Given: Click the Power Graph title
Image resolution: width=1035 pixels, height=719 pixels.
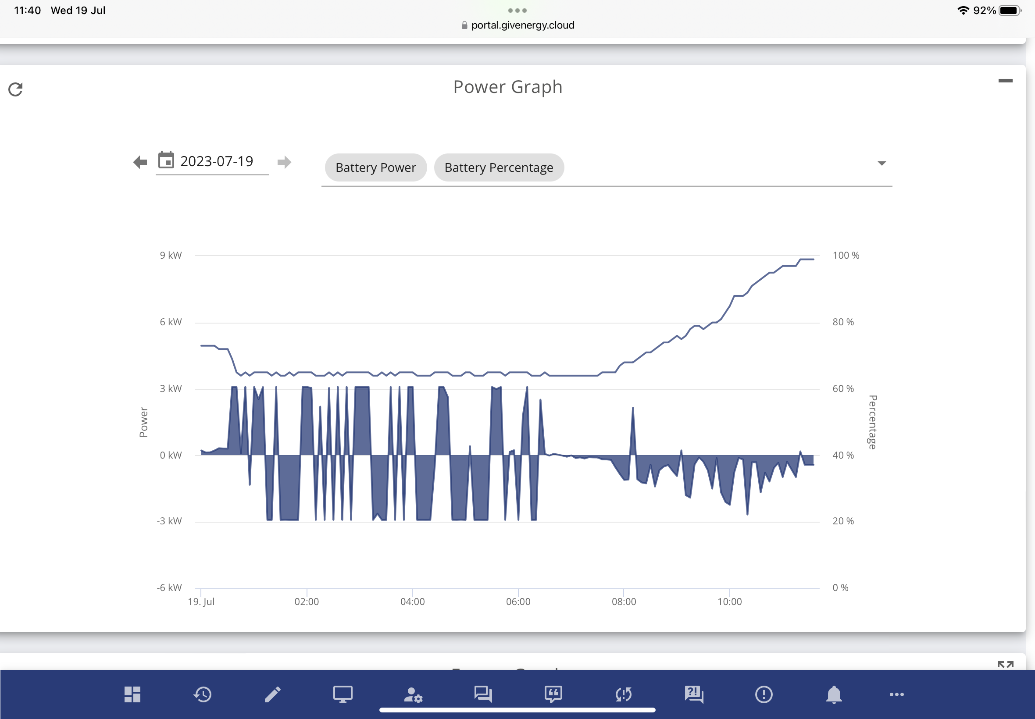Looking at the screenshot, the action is coord(508,87).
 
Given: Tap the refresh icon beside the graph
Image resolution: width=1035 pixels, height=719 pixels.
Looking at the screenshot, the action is coord(16,89).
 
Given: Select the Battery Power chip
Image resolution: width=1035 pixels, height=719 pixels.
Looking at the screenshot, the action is coord(376,167).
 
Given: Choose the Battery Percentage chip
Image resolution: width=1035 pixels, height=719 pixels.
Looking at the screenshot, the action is coord(499,167).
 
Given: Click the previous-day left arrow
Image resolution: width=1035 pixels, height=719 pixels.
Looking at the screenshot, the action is coord(140,162).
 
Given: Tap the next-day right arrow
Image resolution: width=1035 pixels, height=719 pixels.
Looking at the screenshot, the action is coord(284,162).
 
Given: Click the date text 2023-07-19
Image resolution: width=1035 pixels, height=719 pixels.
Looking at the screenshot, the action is coord(217,161).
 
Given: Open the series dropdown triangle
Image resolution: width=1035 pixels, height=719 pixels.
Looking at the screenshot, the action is coord(882,164).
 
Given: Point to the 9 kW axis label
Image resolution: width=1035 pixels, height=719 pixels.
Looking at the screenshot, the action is coord(171,256).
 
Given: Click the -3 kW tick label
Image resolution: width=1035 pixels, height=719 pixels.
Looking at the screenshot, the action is coord(169,521).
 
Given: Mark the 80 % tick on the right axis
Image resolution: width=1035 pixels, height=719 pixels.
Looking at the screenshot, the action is coord(843,322).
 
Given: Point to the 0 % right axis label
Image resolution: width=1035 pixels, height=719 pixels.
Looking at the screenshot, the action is coord(840,588).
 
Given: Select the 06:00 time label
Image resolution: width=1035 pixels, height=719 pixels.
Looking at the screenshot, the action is coord(518,602).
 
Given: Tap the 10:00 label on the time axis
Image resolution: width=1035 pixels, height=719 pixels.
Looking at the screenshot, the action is coord(729,602).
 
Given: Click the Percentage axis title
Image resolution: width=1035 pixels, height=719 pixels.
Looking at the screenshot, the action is coord(873,422).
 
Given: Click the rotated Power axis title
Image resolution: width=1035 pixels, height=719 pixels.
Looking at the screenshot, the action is coord(143,422).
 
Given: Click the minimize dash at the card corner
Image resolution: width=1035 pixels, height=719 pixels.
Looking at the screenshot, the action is coord(1005,81).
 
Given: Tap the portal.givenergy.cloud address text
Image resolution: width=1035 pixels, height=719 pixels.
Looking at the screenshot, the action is coord(523,25).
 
